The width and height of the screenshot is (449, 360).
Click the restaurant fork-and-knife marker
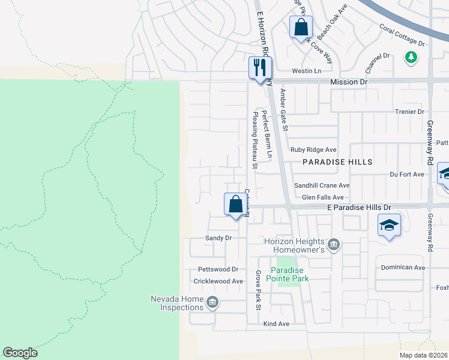point(260,67)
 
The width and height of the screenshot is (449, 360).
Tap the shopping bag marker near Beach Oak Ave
point(300,27)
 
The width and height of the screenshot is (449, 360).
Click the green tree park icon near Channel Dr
point(411,58)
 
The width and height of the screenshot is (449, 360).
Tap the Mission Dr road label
point(348,81)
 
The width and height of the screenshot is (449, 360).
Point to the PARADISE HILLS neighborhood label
point(337,162)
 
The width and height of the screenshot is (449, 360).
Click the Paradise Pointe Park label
point(289,274)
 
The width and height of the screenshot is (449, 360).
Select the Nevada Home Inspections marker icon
point(212,301)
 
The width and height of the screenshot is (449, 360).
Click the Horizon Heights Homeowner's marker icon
point(334,244)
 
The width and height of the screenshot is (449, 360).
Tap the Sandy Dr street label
point(218,238)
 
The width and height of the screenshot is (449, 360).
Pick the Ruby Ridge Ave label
point(313,150)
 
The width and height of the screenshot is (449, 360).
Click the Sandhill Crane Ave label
point(322,186)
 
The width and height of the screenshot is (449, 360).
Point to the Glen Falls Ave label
point(322,197)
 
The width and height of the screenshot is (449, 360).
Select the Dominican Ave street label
point(403,268)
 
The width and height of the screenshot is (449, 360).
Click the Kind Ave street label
point(276,324)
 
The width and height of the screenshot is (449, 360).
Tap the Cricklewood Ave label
point(218,281)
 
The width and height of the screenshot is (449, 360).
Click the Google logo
point(20,353)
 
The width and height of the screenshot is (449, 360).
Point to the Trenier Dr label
point(410,112)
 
